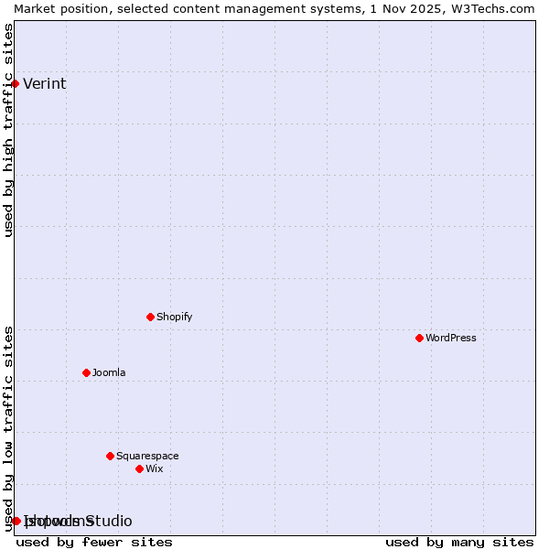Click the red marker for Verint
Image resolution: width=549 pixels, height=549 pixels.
tap(15, 83)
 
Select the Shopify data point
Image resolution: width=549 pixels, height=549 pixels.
tap(150, 317)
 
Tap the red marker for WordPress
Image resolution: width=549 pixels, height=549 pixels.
tap(419, 338)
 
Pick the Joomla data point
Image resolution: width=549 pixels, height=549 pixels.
tap(86, 372)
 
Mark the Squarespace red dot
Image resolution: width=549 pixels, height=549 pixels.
tap(110, 456)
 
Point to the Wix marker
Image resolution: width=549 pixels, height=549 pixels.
tap(139, 468)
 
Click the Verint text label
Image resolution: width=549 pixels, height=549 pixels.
tap(45, 84)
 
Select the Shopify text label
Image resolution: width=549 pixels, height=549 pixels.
tap(174, 317)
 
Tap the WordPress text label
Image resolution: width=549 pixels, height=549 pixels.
tap(450, 338)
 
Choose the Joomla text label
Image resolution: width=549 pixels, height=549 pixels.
tap(109, 372)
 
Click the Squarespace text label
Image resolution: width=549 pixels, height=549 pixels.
tap(147, 456)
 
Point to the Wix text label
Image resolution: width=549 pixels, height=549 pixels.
tap(154, 468)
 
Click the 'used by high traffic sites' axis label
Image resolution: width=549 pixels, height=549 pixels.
tap(9, 130)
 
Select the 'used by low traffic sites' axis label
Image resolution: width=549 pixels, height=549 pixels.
tap(9, 428)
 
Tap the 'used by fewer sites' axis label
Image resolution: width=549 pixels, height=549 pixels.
tap(94, 542)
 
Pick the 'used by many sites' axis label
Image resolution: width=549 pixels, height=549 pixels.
tap(459, 542)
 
